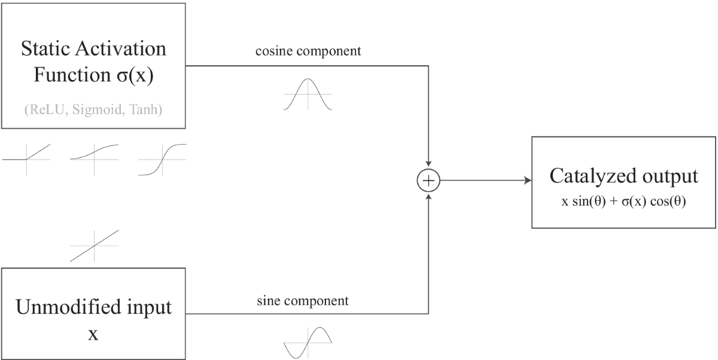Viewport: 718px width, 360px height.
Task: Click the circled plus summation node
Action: [x=428, y=180]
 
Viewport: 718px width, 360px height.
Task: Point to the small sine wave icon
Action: [x=308, y=342]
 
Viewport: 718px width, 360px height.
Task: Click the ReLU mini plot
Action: [x=27, y=160]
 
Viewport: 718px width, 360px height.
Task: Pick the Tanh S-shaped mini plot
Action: [x=162, y=160]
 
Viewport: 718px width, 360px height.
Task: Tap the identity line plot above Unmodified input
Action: [x=94, y=245]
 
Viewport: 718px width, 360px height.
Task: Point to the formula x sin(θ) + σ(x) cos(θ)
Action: [x=623, y=202]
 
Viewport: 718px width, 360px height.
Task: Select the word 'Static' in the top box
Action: [x=45, y=49]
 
